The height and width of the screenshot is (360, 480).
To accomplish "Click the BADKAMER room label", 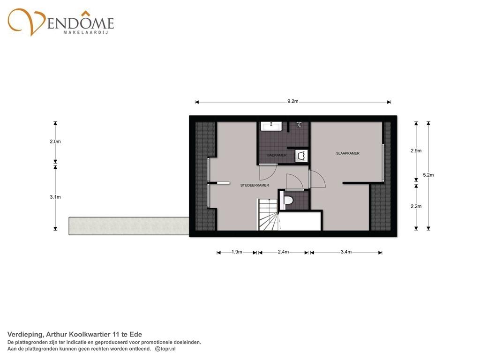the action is pos(277,155).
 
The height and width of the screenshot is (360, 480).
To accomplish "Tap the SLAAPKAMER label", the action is pos(348,153).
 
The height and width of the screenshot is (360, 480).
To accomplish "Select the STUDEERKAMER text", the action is pos(255,185).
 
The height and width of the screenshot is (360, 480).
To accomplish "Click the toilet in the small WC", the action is pos(287,200).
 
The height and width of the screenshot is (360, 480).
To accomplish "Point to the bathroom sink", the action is pos(271,126).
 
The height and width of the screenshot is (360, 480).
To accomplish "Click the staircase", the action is pos(268,214).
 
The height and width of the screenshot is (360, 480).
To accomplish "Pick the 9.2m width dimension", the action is pos(293,101).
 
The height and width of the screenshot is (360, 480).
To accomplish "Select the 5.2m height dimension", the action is pos(428,175).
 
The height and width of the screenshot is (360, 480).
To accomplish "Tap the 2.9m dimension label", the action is pos(416,150).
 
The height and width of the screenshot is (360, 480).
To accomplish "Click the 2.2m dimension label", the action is pos(416,206).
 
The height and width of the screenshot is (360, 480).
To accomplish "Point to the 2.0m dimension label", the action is pos(55,142).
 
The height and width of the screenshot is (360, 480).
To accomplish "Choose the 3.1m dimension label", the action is pos(55,197).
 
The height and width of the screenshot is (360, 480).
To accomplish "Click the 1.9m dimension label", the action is pos(237,252).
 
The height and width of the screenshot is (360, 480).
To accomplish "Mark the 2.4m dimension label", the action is pos(284,252).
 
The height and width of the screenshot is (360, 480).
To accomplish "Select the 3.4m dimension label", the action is pos(346,252).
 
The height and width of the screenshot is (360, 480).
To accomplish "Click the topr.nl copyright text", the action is pos(165,349).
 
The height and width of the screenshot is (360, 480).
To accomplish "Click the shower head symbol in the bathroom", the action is pos(299,124).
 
